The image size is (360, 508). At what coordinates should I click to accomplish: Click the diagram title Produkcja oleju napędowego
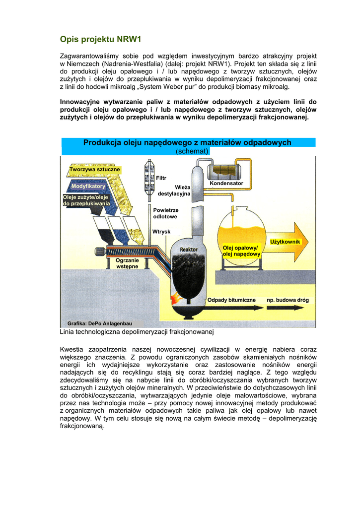[187, 142]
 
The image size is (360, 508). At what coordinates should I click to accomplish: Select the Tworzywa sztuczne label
[94, 170]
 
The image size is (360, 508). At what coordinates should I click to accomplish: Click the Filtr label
[161, 178]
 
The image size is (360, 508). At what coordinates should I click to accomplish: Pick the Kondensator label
[226, 184]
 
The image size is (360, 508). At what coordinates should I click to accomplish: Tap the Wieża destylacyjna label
[174, 190]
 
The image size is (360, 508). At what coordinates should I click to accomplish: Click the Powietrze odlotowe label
[165, 213]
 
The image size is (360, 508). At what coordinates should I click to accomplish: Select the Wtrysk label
[161, 232]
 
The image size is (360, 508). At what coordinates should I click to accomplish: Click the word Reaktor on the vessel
[189, 249]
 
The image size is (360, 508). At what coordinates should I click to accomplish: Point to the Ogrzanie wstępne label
[127, 263]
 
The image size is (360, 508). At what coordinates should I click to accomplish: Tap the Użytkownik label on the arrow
[285, 242]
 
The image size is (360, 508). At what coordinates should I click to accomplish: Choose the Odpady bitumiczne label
[231, 300]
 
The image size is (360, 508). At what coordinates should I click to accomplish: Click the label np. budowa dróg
[288, 300]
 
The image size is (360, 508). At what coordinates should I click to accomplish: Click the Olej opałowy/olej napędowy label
[241, 251]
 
